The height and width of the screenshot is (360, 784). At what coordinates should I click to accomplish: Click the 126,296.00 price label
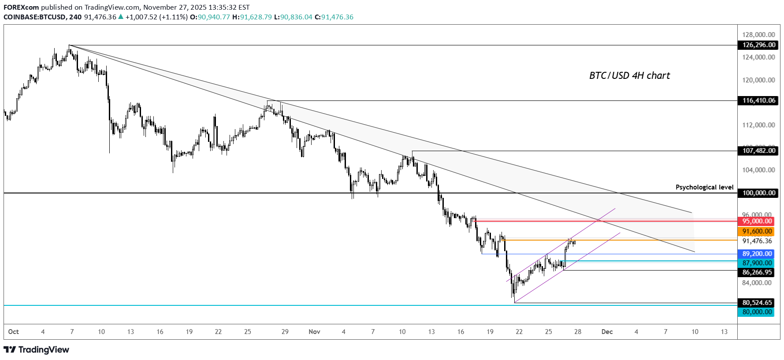[758, 45]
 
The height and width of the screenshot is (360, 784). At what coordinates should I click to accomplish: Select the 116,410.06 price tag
[758, 100]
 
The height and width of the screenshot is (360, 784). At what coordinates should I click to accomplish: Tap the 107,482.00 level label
[758, 151]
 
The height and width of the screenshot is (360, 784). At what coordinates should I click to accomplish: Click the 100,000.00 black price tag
[758, 193]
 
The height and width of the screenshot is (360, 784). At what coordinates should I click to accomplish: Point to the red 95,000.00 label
[757, 221]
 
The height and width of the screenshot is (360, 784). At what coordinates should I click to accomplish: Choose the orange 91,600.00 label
[757, 231]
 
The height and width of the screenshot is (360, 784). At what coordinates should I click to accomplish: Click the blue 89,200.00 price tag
[757, 254]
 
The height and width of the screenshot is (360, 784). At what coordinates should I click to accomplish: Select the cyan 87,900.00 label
[757, 263]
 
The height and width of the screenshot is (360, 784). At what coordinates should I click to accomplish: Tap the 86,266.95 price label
[757, 272]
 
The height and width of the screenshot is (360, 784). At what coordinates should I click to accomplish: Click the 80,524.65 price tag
[757, 303]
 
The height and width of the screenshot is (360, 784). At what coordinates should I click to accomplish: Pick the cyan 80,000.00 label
[757, 312]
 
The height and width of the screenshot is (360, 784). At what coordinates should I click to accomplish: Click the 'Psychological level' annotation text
[704, 187]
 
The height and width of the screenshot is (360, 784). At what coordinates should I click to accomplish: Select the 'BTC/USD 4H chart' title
[629, 76]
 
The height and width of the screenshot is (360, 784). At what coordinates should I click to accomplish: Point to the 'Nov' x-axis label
[314, 332]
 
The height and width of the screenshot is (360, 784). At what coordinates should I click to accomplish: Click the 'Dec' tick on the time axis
[607, 332]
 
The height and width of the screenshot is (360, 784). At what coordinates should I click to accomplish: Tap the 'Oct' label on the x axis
[13, 332]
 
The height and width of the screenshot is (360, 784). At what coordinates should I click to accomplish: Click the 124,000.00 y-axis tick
[758, 57]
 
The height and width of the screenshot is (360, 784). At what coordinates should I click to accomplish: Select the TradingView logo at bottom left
[37, 350]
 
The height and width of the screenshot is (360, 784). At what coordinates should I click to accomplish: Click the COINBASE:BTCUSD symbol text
[35, 17]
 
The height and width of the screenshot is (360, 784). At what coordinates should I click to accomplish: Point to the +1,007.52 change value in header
[141, 17]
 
